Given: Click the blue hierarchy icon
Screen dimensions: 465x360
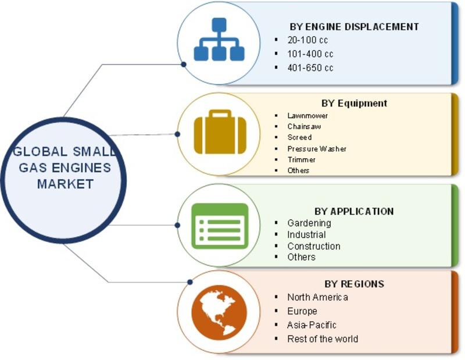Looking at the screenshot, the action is click(x=219, y=40).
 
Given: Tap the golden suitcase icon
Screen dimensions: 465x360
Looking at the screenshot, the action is click(x=220, y=132).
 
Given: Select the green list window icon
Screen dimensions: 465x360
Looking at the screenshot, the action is click(x=220, y=226).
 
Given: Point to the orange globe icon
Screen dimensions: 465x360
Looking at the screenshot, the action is click(x=219, y=312).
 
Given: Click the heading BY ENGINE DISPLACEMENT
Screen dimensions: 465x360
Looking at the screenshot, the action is click(x=354, y=27).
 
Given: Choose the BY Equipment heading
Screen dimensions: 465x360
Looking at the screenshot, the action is click(x=354, y=103).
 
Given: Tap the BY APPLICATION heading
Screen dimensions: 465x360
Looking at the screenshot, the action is click(x=354, y=211).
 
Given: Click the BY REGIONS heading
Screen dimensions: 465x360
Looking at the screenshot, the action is click(x=354, y=284).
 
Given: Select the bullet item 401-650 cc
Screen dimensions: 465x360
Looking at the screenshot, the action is click(x=310, y=67).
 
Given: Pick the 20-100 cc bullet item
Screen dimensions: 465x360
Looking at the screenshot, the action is click(x=307, y=40).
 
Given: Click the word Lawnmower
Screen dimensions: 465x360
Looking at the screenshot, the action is click(x=307, y=116).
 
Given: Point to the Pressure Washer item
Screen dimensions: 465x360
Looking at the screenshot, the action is click(x=317, y=148).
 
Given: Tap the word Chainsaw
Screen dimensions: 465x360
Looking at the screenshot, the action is click(x=304, y=126).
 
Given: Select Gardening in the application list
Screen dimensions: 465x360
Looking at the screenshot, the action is click(x=309, y=223).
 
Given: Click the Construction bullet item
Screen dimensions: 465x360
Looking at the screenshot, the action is click(x=314, y=246).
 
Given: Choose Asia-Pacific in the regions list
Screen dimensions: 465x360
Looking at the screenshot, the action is click(x=312, y=325).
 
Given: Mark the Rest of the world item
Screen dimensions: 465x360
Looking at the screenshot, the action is click(x=323, y=338).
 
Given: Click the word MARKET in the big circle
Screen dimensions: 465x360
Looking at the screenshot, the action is click(x=65, y=184).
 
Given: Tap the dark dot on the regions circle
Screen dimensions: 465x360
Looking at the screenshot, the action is click(x=190, y=282).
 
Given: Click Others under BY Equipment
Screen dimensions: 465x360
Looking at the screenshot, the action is click(x=298, y=170).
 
